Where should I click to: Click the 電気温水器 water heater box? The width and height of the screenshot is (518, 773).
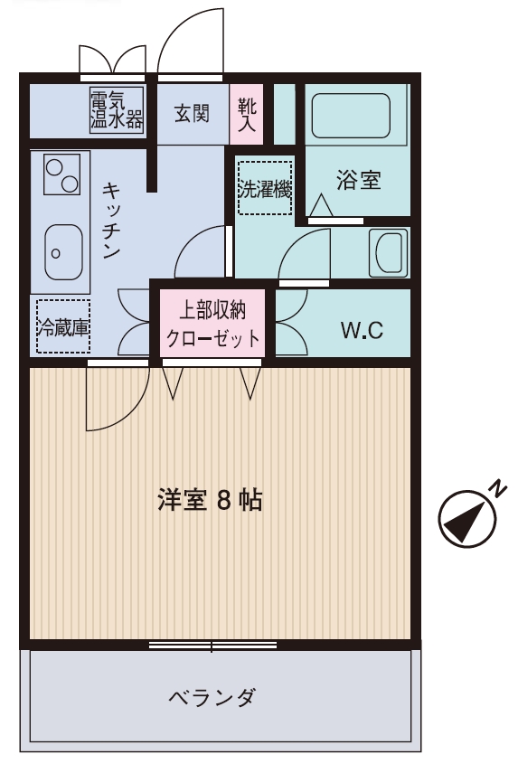coord(117,110)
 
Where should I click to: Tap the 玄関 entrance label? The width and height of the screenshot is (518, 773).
coord(192,114)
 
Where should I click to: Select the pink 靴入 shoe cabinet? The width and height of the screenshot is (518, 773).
coord(247,114)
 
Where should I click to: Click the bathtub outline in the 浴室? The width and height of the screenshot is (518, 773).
coord(351,116)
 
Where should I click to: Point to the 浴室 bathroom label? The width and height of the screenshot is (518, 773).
coord(359,180)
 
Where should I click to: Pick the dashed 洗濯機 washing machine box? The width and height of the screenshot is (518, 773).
coord(265,188)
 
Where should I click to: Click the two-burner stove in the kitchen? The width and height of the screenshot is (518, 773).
coord(62,174)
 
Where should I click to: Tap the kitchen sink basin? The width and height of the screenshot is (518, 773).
coord(63,252)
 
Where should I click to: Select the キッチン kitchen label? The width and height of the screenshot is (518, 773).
coord(112,220)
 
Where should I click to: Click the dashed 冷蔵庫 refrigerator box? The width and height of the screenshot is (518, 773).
coord(63,326)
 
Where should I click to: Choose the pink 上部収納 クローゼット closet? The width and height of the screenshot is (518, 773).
coord(213,324)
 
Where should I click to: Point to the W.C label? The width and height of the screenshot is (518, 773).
coord(363,330)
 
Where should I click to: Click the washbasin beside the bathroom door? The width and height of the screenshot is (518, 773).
coord(389,253)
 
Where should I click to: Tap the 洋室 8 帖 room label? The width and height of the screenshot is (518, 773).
coord(210,500)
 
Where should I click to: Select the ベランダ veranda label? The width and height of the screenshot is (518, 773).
coord(212,697)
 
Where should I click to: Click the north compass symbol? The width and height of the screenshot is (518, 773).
coord(466,519)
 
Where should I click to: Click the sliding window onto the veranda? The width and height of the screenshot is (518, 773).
coord(213,645)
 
